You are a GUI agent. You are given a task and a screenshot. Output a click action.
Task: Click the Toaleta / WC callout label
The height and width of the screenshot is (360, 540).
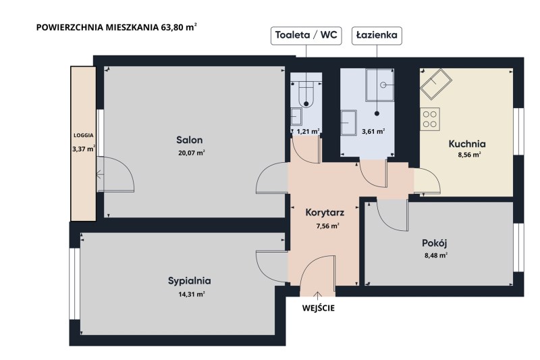tap(306, 36)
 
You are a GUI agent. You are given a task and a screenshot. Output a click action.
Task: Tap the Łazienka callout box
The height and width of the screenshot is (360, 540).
tap(377, 36)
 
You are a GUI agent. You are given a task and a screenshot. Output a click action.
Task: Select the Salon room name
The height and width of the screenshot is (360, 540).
tap(190, 140)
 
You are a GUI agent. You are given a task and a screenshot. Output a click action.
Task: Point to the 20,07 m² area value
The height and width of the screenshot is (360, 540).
tap(192, 153)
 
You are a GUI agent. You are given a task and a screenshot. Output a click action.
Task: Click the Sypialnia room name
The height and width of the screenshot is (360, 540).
tap(190, 281)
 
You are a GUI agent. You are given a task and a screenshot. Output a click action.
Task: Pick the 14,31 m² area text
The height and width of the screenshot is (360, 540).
tap(192, 294)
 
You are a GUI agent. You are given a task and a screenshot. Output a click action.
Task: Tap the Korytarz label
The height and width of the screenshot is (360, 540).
tap(325, 213)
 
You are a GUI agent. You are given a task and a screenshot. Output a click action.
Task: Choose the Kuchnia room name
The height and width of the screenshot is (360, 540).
tap(467, 144)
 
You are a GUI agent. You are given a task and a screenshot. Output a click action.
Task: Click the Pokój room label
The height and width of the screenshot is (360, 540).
tap(435, 243)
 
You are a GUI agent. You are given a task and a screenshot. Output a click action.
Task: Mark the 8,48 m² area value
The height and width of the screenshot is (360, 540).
tap(436, 255)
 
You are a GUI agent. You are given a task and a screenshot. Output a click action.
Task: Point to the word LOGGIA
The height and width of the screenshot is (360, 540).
tap(83, 135)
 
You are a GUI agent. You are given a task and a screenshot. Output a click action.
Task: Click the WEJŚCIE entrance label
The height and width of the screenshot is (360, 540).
tap(319, 308)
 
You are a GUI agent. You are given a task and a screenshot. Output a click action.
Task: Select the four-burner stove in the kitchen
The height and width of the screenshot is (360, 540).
tap(430, 119)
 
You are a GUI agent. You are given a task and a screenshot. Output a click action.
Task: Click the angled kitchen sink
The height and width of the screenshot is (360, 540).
tap(436, 84)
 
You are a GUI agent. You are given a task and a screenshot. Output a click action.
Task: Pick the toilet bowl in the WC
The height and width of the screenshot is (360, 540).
tap(306, 95)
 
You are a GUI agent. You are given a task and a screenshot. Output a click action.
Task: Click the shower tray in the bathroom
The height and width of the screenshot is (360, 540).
tap(379, 85)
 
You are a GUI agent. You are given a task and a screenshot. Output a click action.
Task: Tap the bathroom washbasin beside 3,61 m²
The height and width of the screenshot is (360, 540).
tap(348, 123)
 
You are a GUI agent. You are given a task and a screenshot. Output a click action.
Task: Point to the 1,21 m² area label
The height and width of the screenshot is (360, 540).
tap(308, 131)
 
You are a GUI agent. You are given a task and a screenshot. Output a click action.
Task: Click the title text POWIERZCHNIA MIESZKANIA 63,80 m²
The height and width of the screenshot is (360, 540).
tap(117, 27)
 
